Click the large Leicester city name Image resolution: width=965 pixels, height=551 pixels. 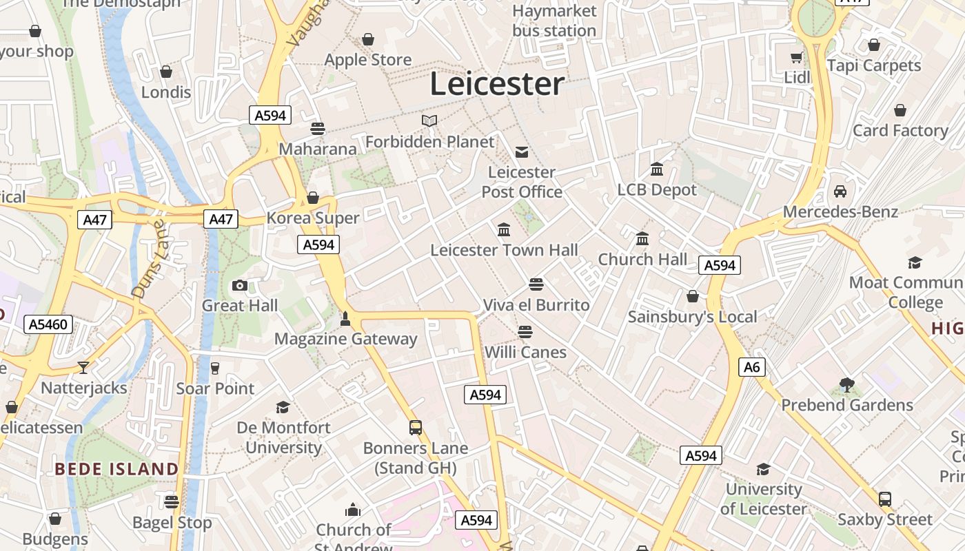[x=497, y=84]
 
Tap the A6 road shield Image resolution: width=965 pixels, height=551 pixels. [x=752, y=367]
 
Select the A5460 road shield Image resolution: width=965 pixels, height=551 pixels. [x=48, y=324]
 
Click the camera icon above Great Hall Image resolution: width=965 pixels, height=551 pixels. [x=240, y=286]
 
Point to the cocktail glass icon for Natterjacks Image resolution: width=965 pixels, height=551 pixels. [x=83, y=367]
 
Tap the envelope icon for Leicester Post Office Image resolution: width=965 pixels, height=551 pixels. [x=522, y=152]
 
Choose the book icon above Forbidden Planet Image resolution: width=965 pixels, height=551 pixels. [x=429, y=121]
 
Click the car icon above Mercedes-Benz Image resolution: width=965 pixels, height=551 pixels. [x=840, y=191]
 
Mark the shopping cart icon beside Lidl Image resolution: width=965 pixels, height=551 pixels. [x=797, y=58]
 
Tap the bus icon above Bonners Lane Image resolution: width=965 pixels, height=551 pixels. [x=416, y=428]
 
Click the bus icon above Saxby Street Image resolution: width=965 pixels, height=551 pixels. [x=885, y=499]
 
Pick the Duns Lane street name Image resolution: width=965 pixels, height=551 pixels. [x=149, y=259]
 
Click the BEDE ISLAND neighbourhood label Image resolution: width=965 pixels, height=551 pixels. [x=116, y=469]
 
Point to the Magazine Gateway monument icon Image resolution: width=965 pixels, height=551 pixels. [x=345, y=319]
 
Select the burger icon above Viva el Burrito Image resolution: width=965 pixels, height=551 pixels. [x=536, y=284]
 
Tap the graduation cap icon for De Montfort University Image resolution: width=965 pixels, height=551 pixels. [x=283, y=407]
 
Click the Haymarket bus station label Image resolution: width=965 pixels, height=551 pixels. [x=554, y=21]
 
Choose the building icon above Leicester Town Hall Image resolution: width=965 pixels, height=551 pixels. [x=504, y=229]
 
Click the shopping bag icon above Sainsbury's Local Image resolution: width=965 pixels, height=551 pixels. [x=693, y=296]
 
